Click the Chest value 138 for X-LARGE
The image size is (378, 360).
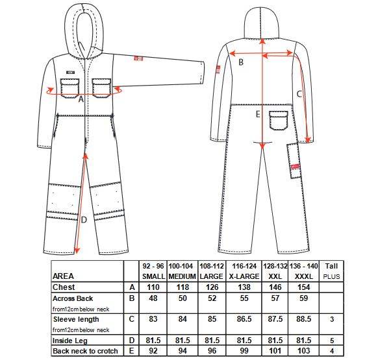coord(244,287)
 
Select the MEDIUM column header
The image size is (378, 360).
coord(182,276)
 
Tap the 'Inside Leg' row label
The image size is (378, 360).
coord(70,341)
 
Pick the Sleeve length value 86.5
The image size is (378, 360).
coord(244,319)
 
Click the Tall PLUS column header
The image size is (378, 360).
coord(331,271)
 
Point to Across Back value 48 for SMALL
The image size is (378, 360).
coord(153,298)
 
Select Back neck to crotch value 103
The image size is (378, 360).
coord(304,351)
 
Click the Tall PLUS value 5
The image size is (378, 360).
coord(332,341)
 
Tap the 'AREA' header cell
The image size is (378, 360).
coord(63,276)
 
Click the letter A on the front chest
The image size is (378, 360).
coord(81,99)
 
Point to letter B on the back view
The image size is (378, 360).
coord(241,62)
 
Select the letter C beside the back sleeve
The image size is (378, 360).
coord(299,94)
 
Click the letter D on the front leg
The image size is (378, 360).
coord(84,220)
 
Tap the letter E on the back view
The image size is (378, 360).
coord(258,114)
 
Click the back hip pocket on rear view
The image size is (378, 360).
coord(279,120)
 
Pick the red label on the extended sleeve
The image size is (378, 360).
coord(138,58)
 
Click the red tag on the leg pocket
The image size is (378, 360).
coord(295,167)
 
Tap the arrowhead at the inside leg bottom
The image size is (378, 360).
coord(77,250)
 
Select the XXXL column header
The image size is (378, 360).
coord(304,276)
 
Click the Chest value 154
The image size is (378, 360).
coord(304,287)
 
